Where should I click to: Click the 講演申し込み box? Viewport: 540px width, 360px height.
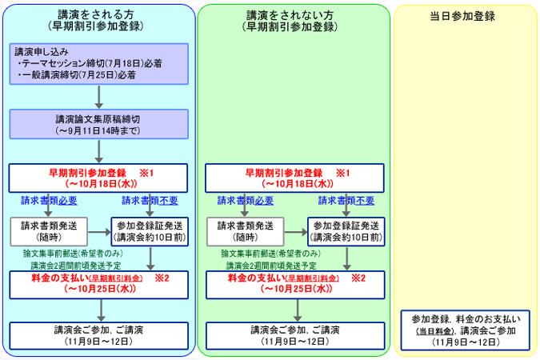[x=99, y=64]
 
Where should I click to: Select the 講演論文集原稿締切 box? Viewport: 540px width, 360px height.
[x=99, y=124]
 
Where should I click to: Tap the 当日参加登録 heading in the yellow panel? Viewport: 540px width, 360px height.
[x=462, y=16]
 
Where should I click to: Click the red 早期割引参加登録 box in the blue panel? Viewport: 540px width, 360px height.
[x=98, y=178]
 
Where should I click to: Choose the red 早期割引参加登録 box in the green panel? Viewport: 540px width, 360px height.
[x=294, y=178]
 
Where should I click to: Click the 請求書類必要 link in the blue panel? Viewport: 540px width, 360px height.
[x=49, y=201]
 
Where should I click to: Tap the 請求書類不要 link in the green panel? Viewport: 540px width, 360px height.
[x=346, y=201]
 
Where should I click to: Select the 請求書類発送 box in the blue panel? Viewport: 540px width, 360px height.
[x=49, y=231]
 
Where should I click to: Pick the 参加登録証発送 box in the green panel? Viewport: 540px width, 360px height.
[x=346, y=231]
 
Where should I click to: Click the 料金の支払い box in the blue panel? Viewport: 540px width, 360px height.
[x=99, y=285]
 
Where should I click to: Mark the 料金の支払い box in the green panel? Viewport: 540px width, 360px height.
[x=295, y=285]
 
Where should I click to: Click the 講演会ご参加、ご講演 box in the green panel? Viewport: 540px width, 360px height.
[x=295, y=336]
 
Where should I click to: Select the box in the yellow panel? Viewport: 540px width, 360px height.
[x=466, y=330]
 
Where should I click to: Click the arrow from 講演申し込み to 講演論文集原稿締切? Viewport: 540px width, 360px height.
[x=99, y=97]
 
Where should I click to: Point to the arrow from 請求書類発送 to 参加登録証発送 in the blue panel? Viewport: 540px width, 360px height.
[x=99, y=232]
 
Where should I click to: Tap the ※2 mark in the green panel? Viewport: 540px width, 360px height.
[x=358, y=278]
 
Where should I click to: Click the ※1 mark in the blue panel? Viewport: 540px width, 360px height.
[x=146, y=173]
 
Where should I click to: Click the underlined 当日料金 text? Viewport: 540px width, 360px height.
[x=434, y=331]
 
